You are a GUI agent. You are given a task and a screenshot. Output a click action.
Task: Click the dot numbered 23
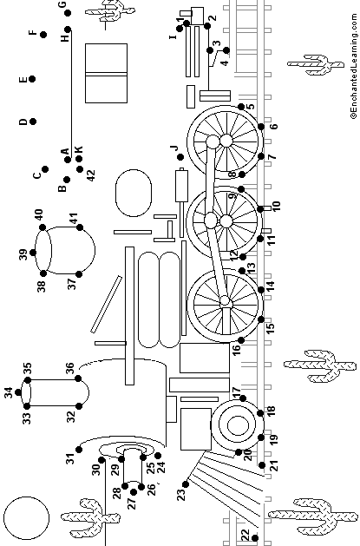click(x=186, y=484)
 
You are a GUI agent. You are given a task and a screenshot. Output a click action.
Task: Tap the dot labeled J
click(x=180, y=157)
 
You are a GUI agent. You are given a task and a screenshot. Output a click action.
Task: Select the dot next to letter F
click(x=43, y=35)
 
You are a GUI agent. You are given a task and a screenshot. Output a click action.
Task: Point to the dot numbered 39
click(x=33, y=253)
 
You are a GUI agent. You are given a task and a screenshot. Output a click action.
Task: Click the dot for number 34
click(x=18, y=392)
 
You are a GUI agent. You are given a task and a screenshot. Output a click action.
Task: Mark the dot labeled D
click(x=33, y=122)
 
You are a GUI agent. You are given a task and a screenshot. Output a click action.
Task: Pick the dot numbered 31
click(x=79, y=450)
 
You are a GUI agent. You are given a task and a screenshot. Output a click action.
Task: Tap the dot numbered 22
click(x=255, y=538)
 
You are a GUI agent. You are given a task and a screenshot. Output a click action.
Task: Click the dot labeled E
click(x=32, y=79)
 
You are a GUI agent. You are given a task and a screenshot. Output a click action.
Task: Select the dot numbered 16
click(x=241, y=340)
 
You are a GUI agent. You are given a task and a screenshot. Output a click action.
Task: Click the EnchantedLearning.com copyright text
click(x=354, y=66)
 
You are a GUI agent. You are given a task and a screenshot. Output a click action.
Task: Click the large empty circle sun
click(x=26, y=518)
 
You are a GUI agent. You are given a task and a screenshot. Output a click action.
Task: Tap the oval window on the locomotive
click(x=134, y=193)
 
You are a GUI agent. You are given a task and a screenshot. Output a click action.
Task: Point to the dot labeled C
click(x=45, y=169)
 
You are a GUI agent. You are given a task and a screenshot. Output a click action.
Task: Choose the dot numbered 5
click(x=241, y=106)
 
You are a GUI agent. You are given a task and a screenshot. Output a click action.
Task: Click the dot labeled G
click(x=68, y=13)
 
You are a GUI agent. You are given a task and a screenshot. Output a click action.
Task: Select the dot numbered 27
click(x=134, y=491)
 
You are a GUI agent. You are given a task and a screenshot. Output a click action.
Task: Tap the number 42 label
click(x=90, y=174)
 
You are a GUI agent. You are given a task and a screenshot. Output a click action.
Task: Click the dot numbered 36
click(x=78, y=378)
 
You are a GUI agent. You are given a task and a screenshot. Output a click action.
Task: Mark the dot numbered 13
click(x=242, y=271)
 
